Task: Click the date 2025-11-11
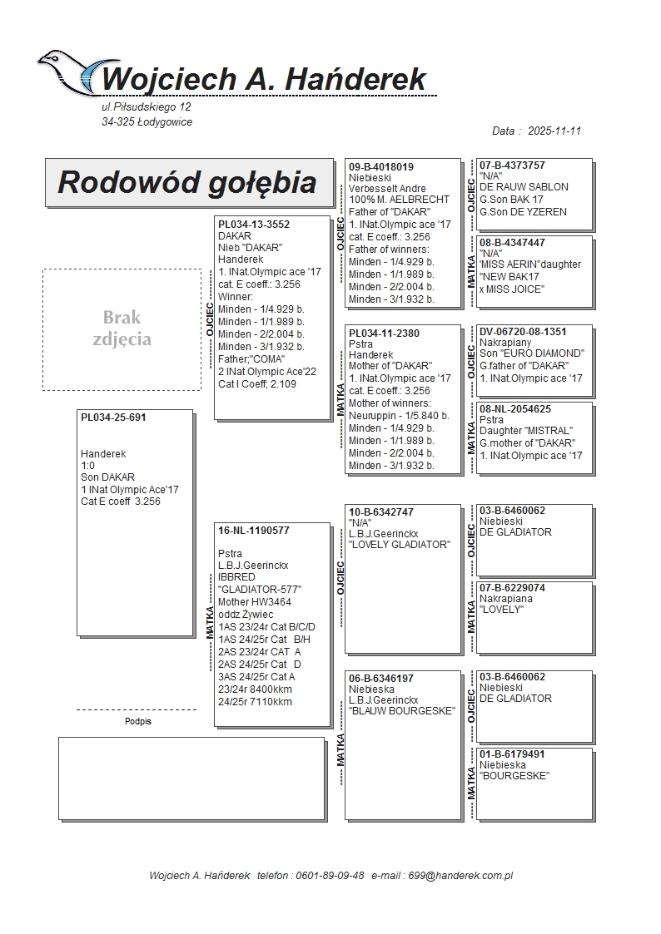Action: tap(554, 131)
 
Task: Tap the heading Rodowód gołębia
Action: tap(187, 182)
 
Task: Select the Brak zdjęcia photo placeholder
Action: tap(122, 329)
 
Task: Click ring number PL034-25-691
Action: tap(113, 418)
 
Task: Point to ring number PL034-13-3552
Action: tap(254, 225)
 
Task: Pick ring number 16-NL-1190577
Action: tap(254, 530)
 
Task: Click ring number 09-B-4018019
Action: tap(381, 167)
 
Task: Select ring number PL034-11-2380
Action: tap(384, 334)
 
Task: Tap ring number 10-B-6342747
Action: tap(381, 512)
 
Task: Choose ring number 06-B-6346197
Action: tap(381, 679)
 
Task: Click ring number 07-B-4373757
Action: tap(512, 166)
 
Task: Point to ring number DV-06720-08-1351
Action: tap(523, 331)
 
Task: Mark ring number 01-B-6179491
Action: tap(512, 754)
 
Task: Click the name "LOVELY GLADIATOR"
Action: tap(400, 545)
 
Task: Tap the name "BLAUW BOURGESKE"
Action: tap(402, 711)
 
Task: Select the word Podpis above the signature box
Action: tap(138, 722)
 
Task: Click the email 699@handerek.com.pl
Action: tap(465, 876)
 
